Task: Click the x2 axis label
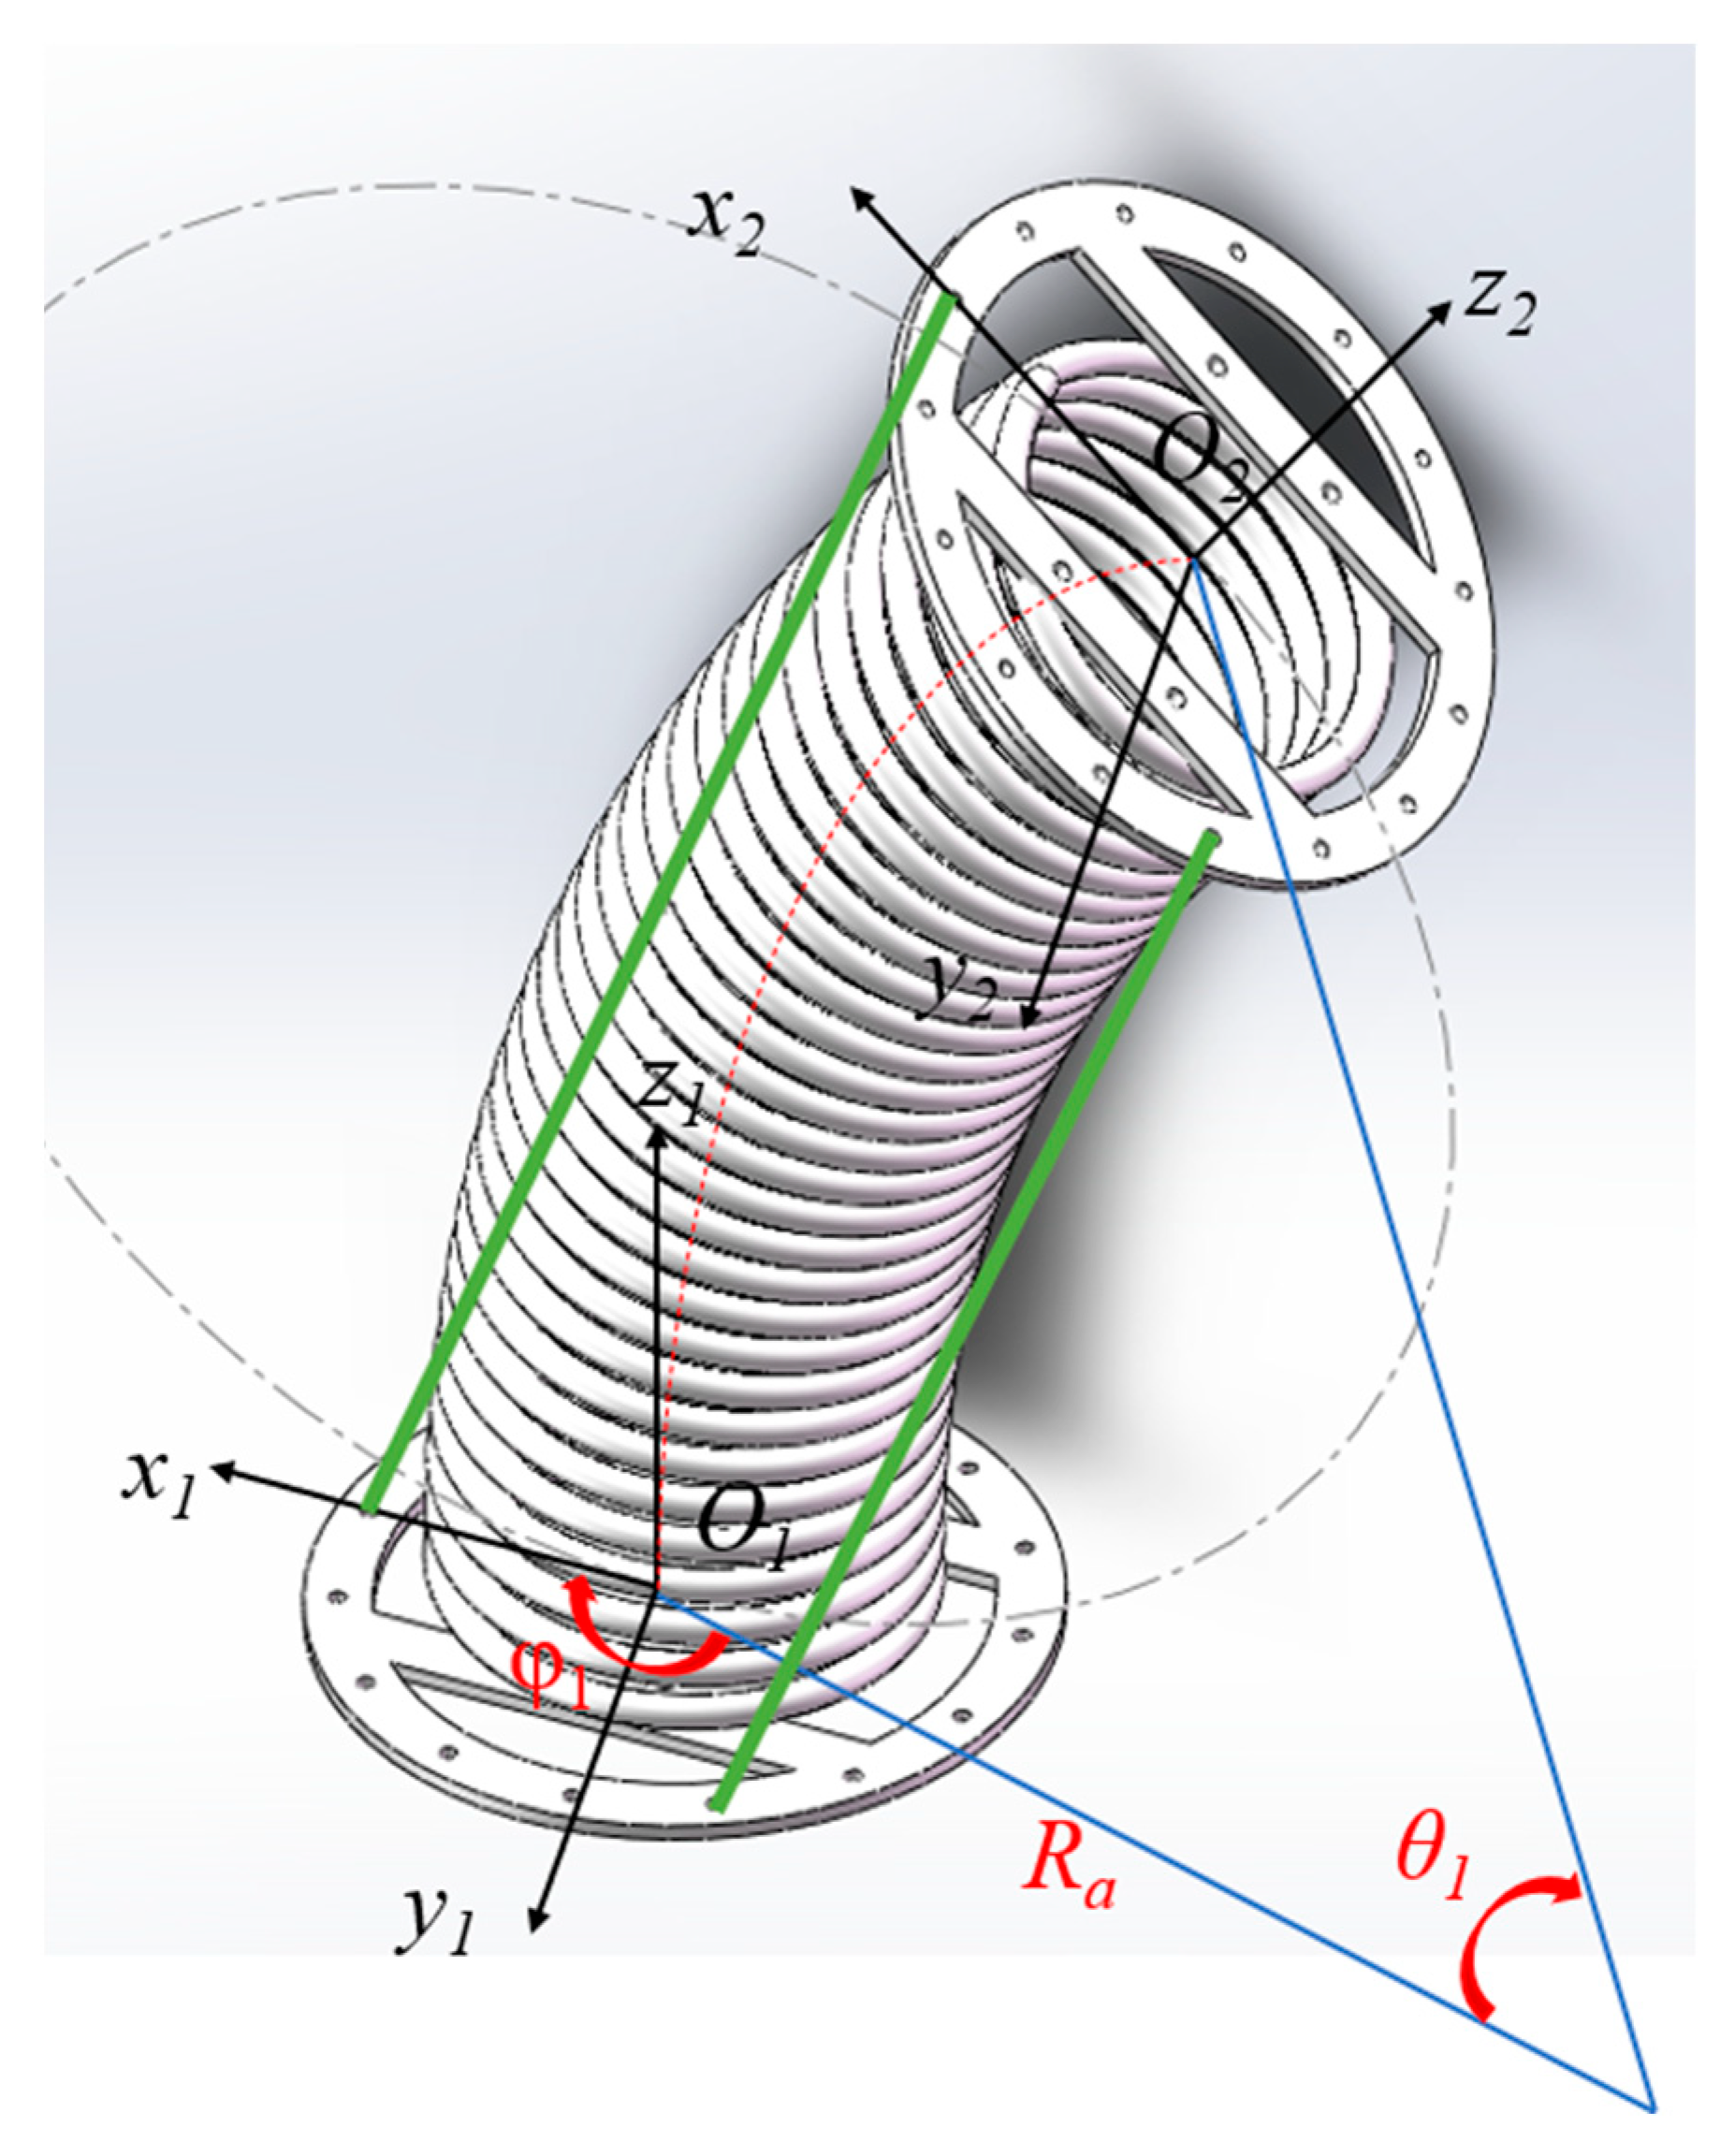point(728,222)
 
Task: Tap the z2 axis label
point(1498,305)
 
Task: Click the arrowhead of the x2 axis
point(859,196)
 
